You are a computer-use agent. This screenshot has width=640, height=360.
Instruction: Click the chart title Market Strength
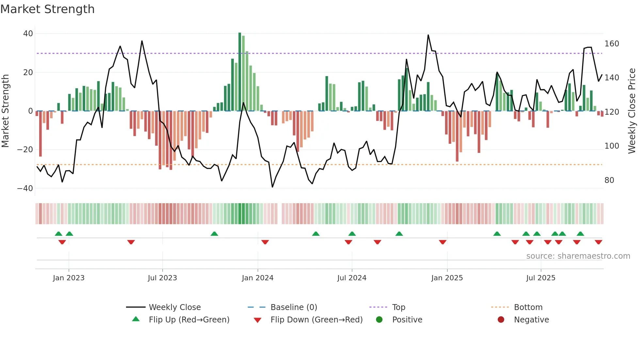pos(47,9)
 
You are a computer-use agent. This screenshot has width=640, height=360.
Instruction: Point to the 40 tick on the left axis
pos(28,34)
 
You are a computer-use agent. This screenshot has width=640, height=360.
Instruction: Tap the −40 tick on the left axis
pos(25,188)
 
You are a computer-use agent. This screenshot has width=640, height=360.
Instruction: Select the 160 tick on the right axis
pos(611,44)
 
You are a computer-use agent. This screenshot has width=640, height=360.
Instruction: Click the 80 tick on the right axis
pos(609,180)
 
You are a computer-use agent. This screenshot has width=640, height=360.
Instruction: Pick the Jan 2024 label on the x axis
pos(257,278)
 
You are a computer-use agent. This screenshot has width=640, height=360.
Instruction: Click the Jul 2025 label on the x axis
pos(540,278)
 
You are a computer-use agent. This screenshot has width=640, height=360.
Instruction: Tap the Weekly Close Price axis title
pos(632,111)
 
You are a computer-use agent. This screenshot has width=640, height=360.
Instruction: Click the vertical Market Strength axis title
pos(5,111)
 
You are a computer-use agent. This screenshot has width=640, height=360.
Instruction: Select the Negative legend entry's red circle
pos(501,319)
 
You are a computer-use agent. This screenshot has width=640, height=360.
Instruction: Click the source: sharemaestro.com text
pos(578,256)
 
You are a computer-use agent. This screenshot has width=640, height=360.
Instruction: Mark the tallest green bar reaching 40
pos(240,72)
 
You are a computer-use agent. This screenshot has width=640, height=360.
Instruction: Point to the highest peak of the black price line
pos(428,35)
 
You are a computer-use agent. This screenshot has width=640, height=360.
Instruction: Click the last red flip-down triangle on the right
pos(598,242)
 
